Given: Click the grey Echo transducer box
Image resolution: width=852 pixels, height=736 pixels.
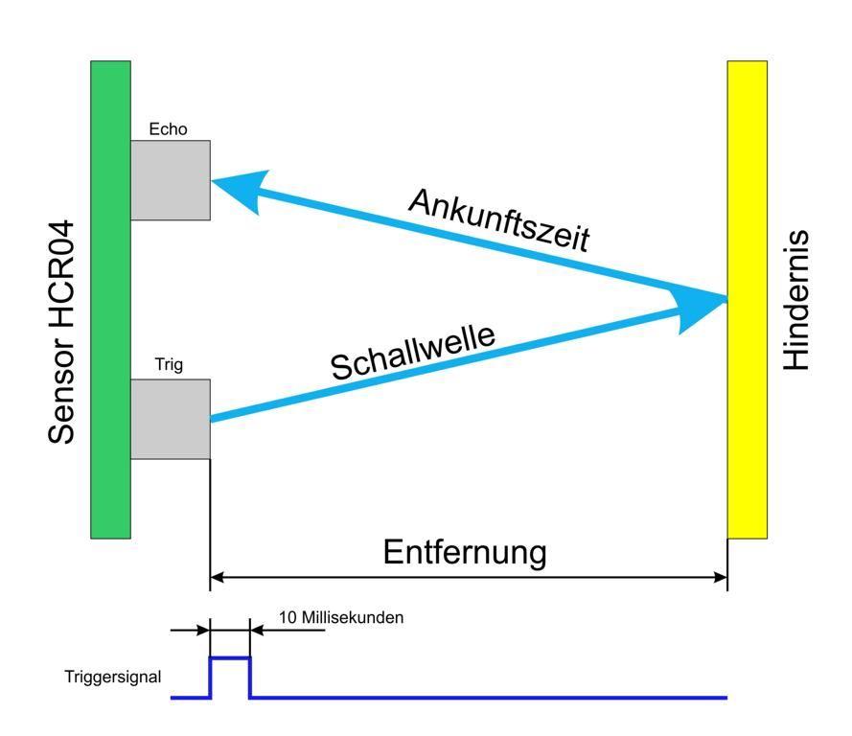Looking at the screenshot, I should point(170,180).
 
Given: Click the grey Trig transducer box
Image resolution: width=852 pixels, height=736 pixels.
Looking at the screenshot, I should point(170,419).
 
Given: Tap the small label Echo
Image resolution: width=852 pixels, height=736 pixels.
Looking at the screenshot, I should point(169,129).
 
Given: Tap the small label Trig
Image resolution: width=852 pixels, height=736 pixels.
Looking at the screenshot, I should point(169,365).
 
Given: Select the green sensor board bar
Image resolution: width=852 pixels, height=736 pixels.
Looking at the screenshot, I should point(110,299).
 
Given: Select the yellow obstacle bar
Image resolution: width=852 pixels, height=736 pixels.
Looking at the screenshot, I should point(747,299).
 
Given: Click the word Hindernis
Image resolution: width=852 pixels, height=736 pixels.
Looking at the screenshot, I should point(796,300).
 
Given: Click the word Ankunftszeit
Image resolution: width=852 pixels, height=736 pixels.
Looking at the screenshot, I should point(498,218).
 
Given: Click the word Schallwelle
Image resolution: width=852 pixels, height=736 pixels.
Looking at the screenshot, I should point(413,351).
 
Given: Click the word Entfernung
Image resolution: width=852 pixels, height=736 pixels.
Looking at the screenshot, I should point(465,552).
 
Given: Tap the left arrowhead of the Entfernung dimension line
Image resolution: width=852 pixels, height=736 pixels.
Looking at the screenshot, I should point(217,577).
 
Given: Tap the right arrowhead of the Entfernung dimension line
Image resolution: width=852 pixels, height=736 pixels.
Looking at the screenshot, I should point(721,577).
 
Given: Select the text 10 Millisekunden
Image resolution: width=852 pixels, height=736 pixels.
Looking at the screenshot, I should point(341,618).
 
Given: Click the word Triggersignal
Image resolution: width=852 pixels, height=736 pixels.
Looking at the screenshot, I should point(113,678).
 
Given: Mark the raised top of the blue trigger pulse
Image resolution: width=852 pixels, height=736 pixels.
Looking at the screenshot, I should point(230,658).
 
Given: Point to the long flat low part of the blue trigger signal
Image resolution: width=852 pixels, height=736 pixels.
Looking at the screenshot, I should point(489,697).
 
